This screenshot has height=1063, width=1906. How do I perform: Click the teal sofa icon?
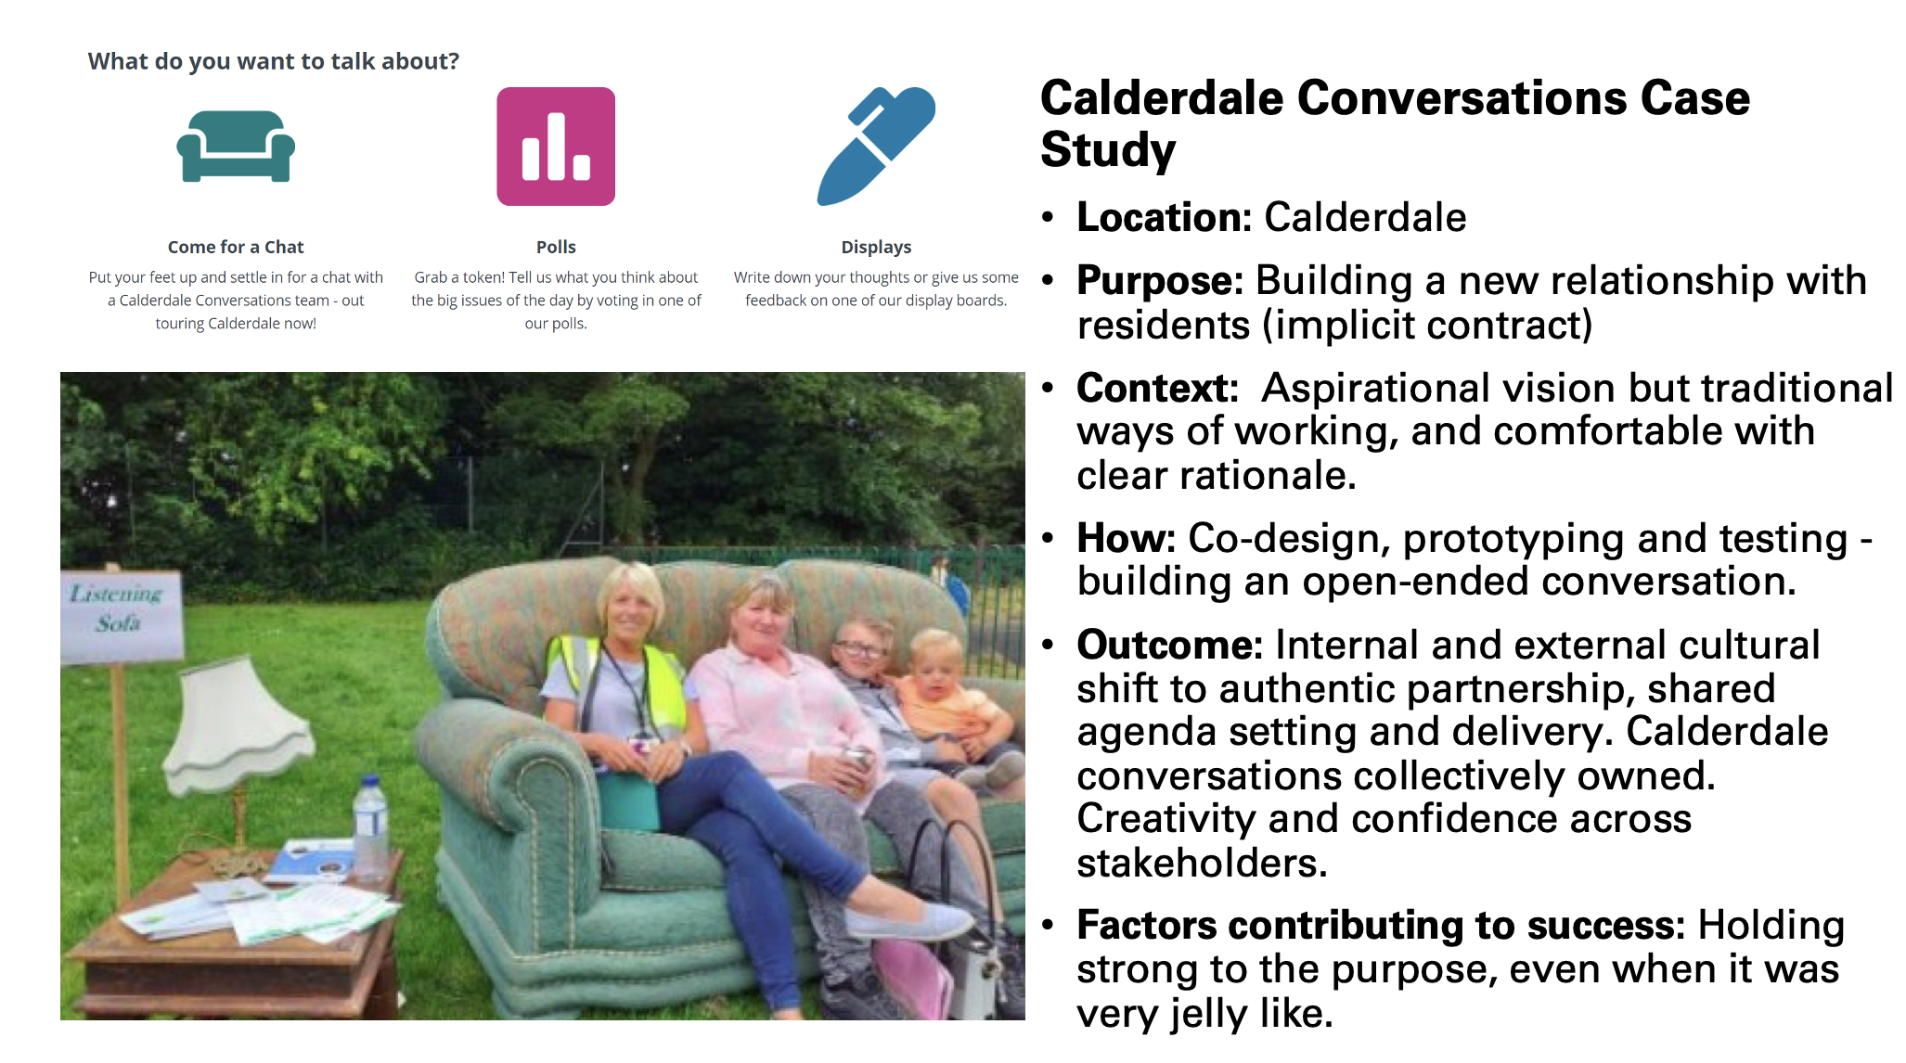pyautogui.click(x=236, y=147)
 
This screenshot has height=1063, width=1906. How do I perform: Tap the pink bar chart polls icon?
pyautogui.click(x=556, y=147)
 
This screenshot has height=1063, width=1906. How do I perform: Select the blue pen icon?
pyautogui.click(x=876, y=146)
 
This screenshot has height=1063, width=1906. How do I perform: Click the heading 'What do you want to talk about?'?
pyautogui.click(x=274, y=61)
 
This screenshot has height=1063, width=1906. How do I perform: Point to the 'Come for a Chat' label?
pyautogui.click(x=236, y=247)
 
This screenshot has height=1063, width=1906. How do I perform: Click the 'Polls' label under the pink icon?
pyautogui.click(x=556, y=247)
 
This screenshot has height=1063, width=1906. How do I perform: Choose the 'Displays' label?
pyautogui.click(x=876, y=247)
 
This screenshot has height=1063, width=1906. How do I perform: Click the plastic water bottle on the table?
pyautogui.click(x=371, y=829)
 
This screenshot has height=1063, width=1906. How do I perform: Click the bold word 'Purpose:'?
pyautogui.click(x=1160, y=281)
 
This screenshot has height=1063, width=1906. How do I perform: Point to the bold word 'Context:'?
pyautogui.click(x=1157, y=389)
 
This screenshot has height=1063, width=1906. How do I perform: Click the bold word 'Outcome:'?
pyautogui.click(x=1169, y=645)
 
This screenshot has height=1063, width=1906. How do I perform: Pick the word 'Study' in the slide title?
pyautogui.click(x=1108, y=150)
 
